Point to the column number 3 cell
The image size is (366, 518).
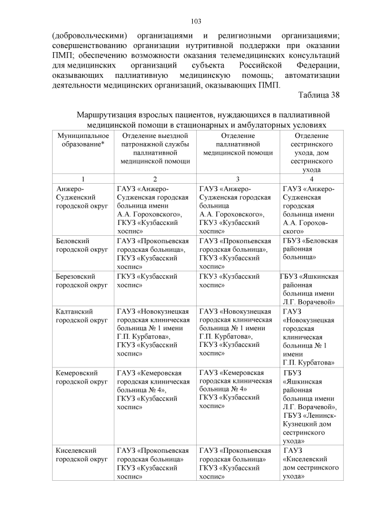(x=237, y=179)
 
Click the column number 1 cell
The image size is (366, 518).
(x=83, y=179)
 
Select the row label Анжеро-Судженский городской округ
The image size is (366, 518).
(x=79, y=197)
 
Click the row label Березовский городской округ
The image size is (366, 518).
(x=79, y=280)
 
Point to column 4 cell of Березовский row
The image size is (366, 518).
(x=309, y=288)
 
